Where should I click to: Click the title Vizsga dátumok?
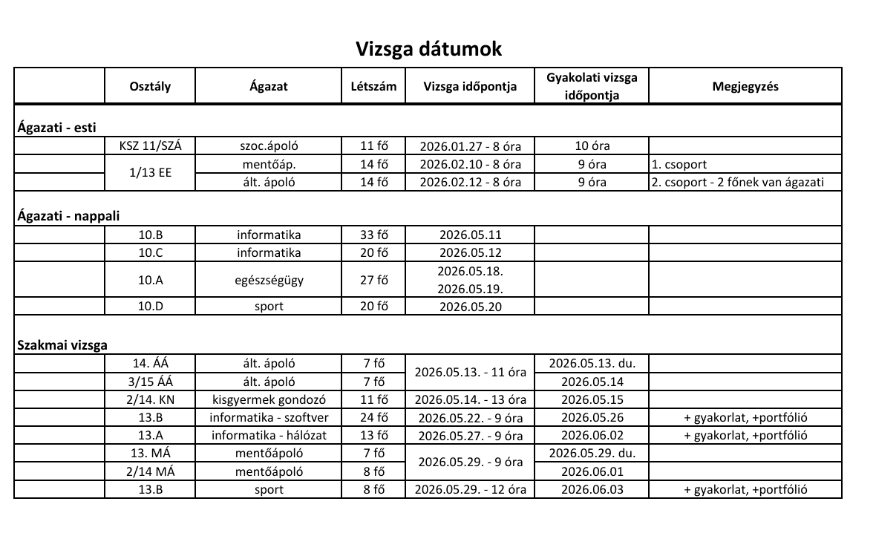pyautogui.click(x=428, y=49)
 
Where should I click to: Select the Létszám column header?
pyautogui.click(x=373, y=86)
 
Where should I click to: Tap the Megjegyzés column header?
pyautogui.click(x=745, y=86)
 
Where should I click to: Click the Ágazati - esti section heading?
pyautogui.click(x=57, y=128)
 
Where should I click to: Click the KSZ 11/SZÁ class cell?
pyautogui.click(x=150, y=146)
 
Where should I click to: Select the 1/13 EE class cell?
pyautogui.click(x=150, y=173)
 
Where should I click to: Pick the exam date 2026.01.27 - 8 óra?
pyautogui.click(x=470, y=146)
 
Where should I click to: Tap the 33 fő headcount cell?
pyautogui.click(x=373, y=235)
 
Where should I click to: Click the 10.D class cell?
pyautogui.click(x=150, y=306)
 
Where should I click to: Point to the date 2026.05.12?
pyautogui.click(x=470, y=252)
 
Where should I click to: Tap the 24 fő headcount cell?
pyautogui.click(x=373, y=417)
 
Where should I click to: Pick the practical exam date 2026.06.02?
pyautogui.click(x=591, y=435)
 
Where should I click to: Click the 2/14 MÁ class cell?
pyautogui.click(x=150, y=471)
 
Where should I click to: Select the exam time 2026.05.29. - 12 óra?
pyautogui.click(x=470, y=489)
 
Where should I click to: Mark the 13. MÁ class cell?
pyautogui.click(x=150, y=453)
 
